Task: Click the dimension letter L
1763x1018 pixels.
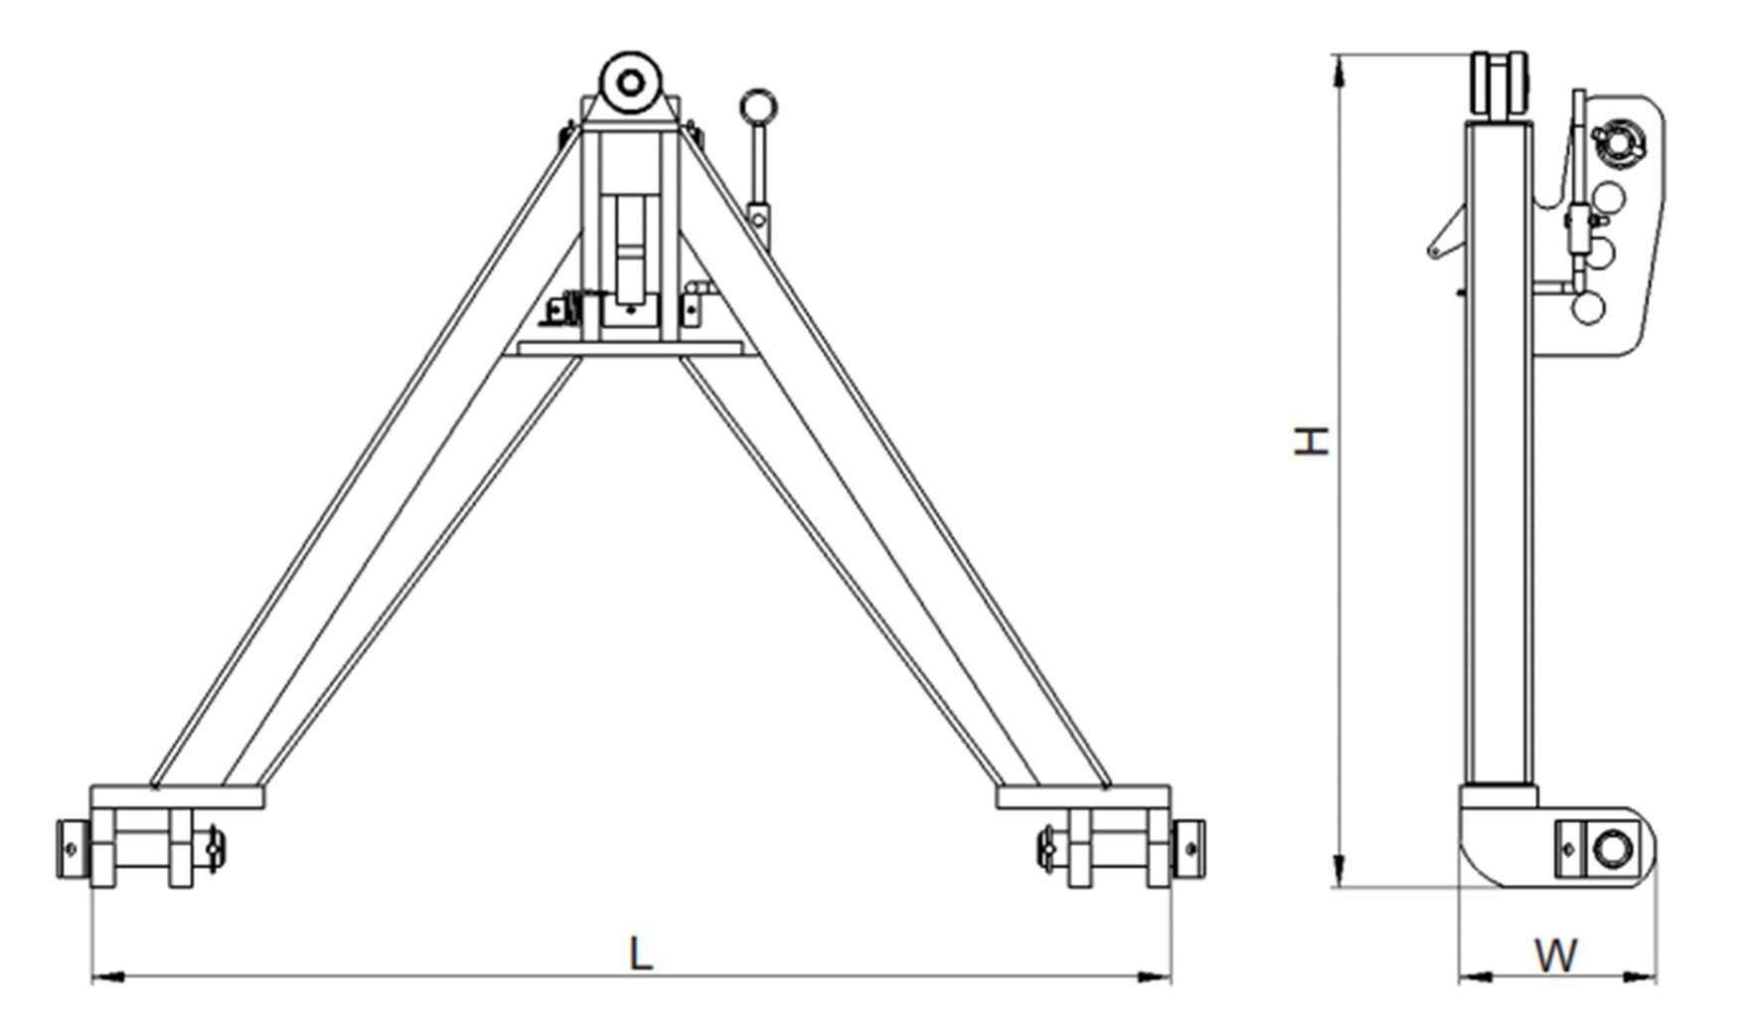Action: click(641, 953)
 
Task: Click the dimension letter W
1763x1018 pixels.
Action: click(1555, 955)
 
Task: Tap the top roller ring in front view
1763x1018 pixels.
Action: click(629, 81)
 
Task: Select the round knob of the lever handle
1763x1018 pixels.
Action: click(758, 107)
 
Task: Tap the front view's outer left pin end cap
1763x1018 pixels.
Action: click(71, 848)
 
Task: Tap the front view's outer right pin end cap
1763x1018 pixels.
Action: click(1190, 848)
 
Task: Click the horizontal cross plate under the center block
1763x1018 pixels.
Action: click(629, 349)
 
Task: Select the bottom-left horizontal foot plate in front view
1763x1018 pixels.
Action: click(177, 797)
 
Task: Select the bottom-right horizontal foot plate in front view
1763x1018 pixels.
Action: click(1083, 797)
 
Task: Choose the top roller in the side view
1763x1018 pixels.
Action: click(1500, 85)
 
